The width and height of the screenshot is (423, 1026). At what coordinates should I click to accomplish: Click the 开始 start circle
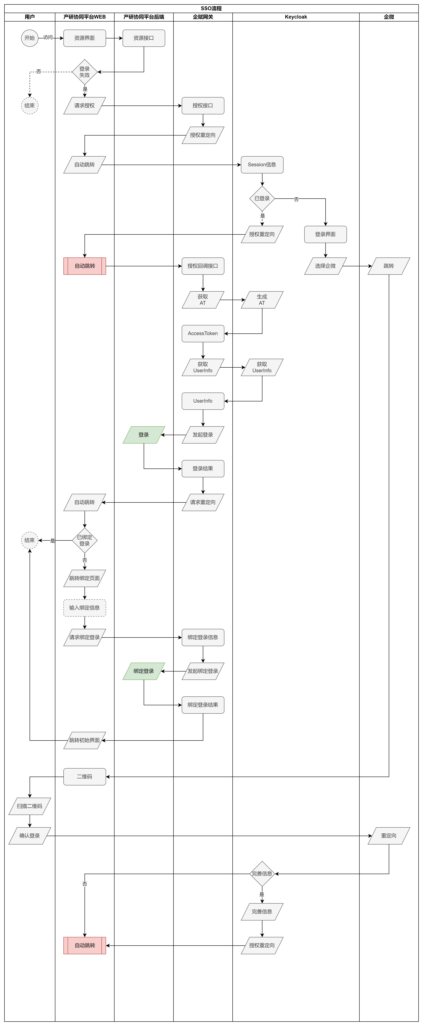coord(29,38)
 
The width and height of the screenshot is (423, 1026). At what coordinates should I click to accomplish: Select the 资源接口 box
coord(144,38)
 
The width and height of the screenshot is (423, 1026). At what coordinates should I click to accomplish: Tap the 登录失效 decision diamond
coord(85,72)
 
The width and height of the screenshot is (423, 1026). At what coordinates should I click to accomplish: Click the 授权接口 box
coord(203,106)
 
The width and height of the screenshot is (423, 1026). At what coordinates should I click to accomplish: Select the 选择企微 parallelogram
coord(325,266)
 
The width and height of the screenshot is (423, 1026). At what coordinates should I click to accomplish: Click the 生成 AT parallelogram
coord(262,300)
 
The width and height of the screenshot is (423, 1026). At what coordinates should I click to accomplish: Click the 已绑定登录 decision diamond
coord(85,540)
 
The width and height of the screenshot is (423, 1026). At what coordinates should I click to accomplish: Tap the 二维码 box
coord(85,777)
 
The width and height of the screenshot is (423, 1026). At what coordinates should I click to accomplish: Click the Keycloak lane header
coord(296,17)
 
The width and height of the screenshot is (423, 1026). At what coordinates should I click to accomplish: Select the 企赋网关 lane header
coord(203,17)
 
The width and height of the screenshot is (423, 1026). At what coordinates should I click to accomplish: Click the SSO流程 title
coord(211,8)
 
